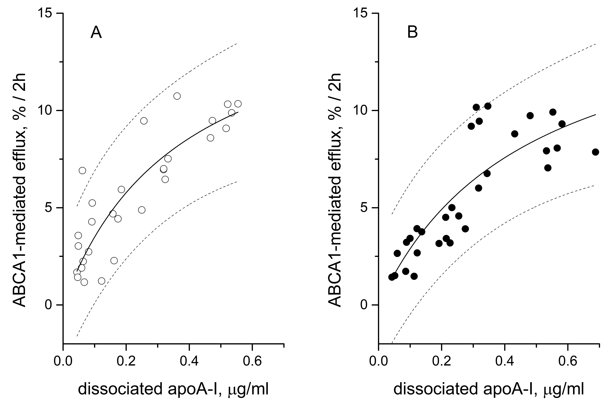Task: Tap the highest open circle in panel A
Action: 177,96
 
